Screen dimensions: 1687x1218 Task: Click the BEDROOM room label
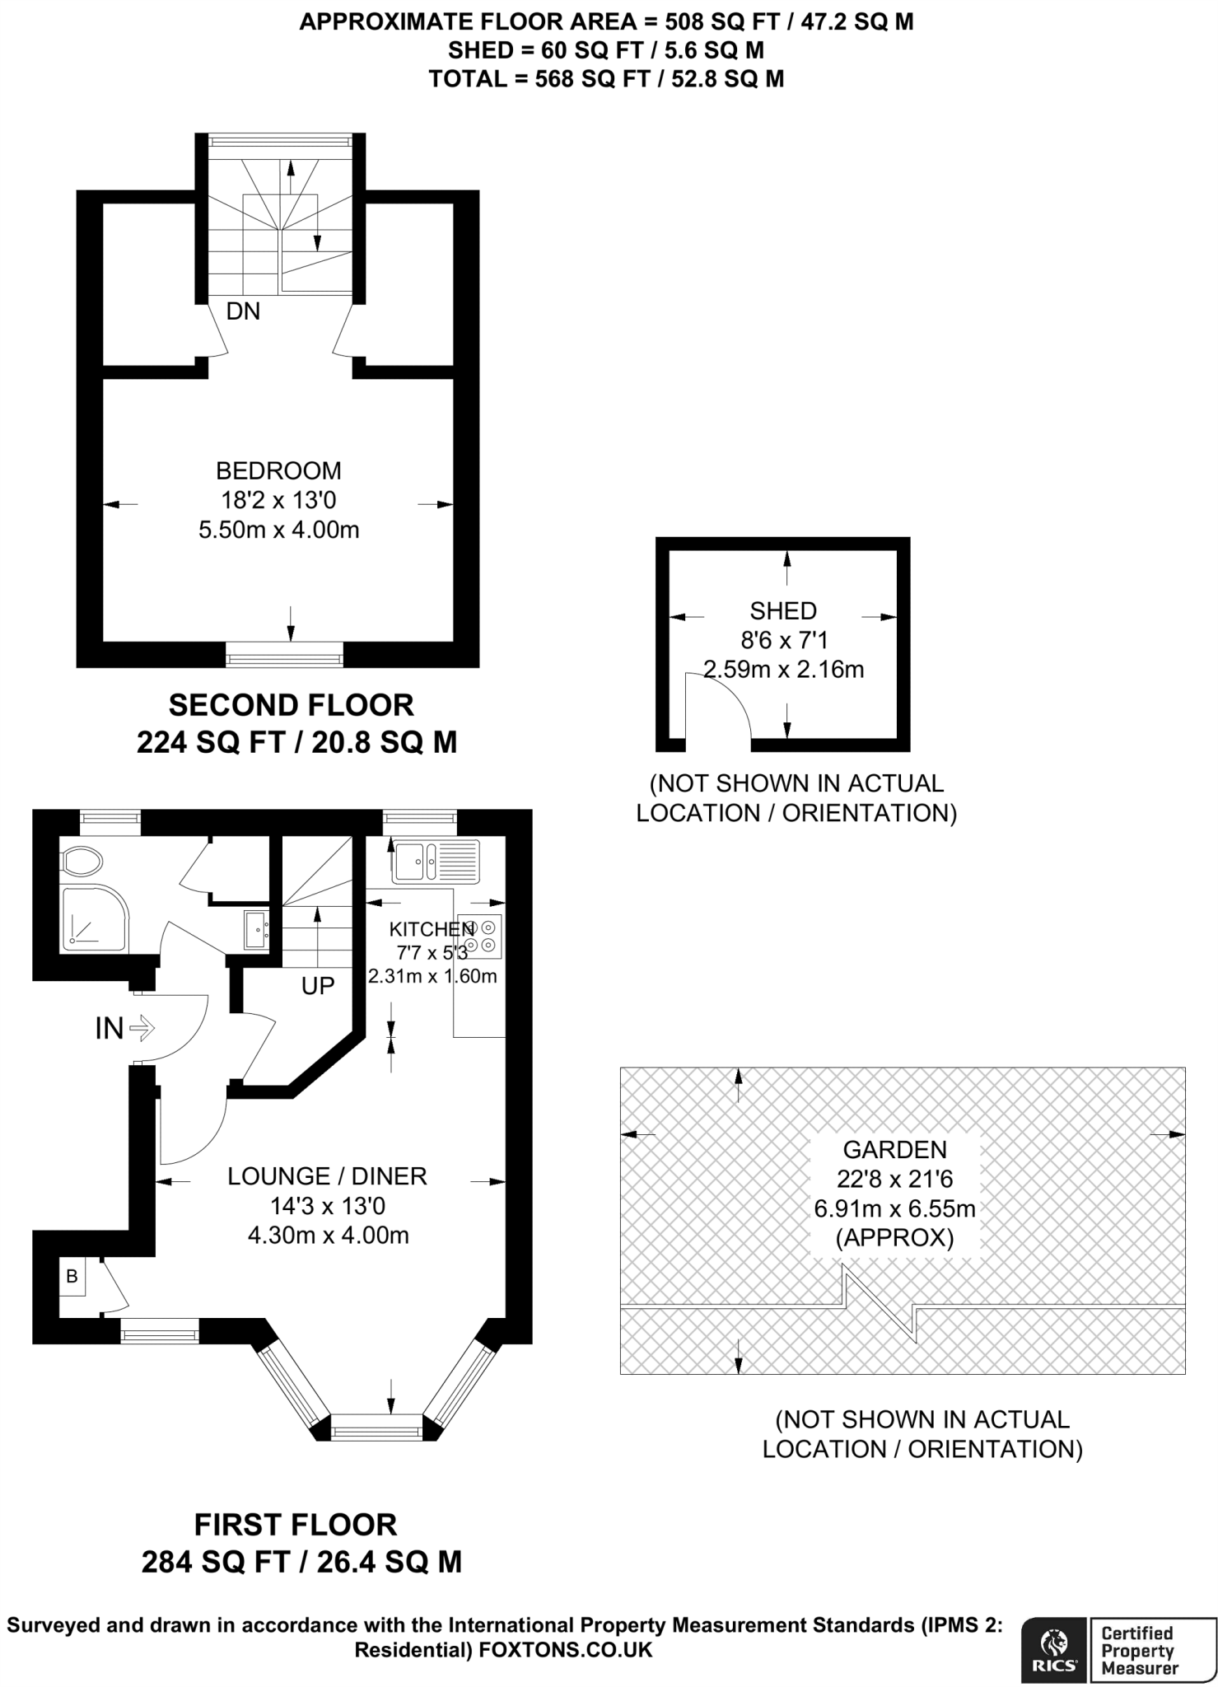click(278, 471)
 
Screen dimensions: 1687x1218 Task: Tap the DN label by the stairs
click(243, 311)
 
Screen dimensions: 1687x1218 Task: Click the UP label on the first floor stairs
click(318, 985)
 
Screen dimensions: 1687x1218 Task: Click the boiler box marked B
click(72, 1276)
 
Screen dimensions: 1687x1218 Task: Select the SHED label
click(783, 611)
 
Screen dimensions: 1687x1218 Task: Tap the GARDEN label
click(894, 1149)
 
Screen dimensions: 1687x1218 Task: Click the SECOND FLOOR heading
click(292, 705)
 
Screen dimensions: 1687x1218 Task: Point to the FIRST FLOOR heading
click(296, 1524)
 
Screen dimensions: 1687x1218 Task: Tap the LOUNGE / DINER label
click(327, 1176)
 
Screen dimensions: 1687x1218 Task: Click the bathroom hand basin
click(255, 930)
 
